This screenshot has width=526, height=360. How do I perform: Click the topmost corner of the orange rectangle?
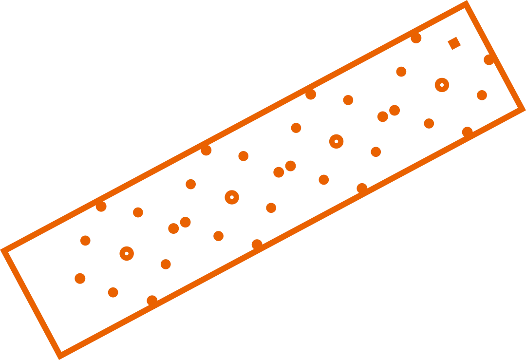tap(466, 4)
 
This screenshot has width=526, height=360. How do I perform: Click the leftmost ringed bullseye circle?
tap(127, 253)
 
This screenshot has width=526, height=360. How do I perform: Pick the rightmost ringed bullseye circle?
tap(442, 85)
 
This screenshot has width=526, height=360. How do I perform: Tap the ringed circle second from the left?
tap(232, 197)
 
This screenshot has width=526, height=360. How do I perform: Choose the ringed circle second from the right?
tap(337, 141)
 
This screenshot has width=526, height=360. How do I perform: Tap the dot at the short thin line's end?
tap(85, 240)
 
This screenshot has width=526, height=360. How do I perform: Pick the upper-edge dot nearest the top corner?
tap(415, 38)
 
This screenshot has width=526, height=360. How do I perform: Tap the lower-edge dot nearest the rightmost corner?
tap(467, 132)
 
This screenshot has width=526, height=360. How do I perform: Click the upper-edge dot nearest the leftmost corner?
tap(101, 206)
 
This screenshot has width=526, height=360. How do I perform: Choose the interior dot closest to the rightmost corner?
tap(482, 95)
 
